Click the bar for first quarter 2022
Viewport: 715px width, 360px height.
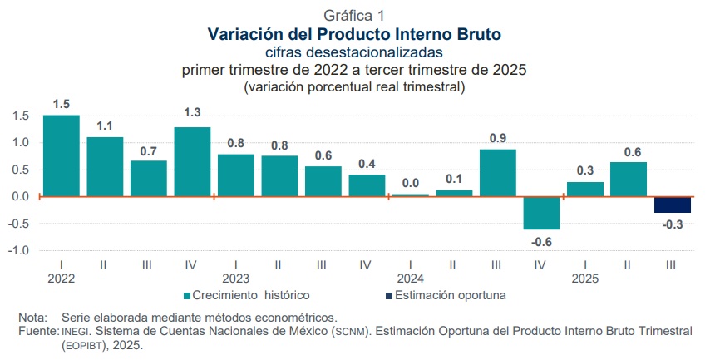pos(61,155)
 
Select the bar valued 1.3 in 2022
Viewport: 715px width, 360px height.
pos(192,161)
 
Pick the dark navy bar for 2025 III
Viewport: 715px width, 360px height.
pos(672,205)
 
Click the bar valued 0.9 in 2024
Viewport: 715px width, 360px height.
pos(497,173)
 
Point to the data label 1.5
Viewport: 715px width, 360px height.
pos(61,104)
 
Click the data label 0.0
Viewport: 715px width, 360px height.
pos(410,183)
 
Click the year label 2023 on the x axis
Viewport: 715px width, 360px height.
pos(236,279)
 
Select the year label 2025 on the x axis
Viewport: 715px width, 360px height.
pos(585,279)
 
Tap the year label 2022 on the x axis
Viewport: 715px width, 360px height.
pos(61,279)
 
